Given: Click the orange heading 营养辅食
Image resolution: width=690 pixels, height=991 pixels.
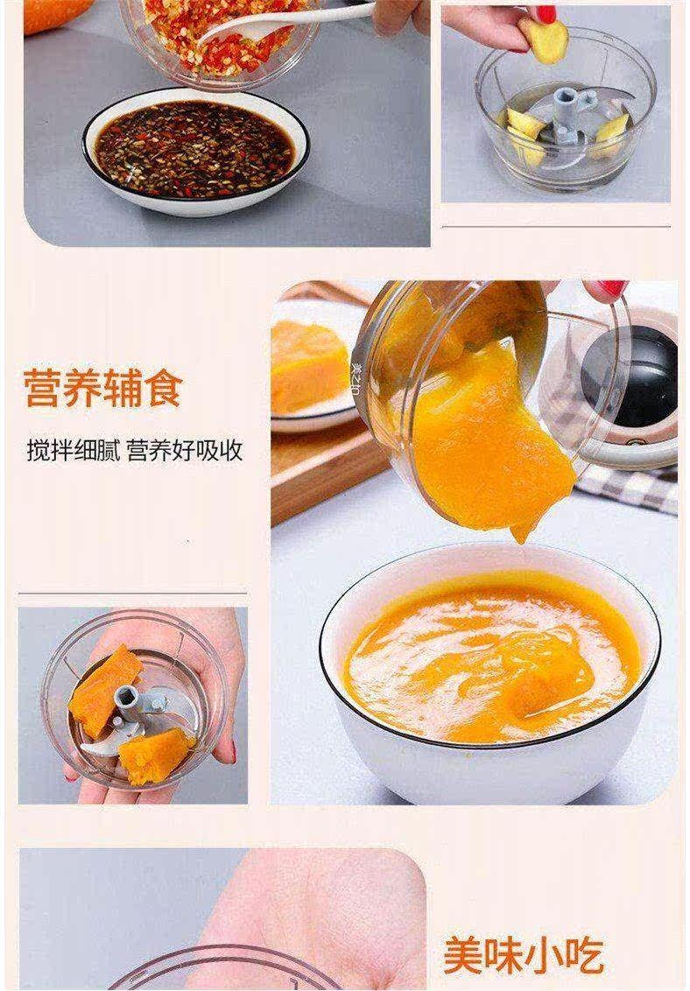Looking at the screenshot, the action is point(103,388).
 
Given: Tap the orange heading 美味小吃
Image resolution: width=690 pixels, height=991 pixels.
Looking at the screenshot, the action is point(523,956).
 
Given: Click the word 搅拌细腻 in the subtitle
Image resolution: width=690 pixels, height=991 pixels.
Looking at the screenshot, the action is point(73,451).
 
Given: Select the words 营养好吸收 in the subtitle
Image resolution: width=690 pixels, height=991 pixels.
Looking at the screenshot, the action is point(185,451).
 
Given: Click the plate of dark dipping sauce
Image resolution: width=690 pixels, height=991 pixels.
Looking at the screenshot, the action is point(195,151).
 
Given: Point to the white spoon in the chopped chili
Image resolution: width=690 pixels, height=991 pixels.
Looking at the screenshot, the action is point(285,21).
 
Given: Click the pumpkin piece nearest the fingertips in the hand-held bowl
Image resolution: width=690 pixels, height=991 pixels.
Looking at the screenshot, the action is point(155,756).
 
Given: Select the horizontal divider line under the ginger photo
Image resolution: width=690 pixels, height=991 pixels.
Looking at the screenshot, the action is point(555,226).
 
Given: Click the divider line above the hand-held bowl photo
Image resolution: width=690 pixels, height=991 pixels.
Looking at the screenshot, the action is point(133,594).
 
